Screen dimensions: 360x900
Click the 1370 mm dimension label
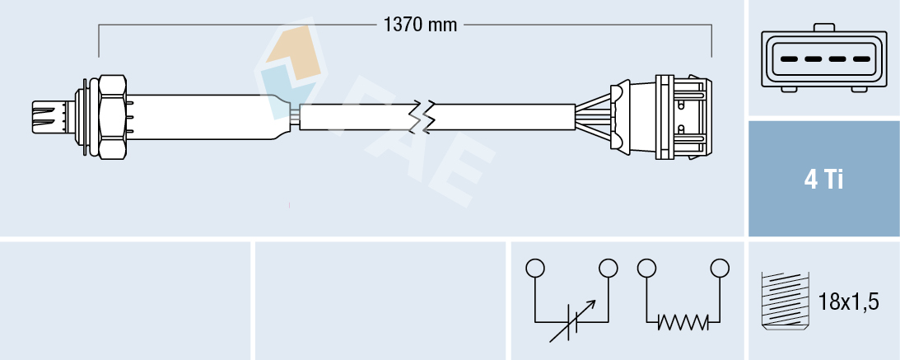420,25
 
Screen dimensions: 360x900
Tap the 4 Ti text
823,179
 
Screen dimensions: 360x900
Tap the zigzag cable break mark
426,117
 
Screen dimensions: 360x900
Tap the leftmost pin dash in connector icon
787,60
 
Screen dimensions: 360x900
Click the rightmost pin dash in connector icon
861,60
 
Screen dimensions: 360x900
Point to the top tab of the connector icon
824,28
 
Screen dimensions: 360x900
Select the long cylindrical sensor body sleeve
206,116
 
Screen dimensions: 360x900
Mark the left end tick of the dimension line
99,41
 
